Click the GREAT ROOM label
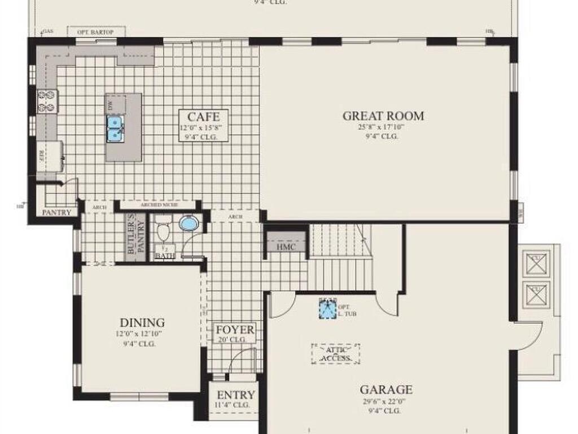(x=383, y=116)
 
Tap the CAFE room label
(x=204, y=118)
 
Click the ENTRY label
(x=235, y=394)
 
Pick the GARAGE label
(x=386, y=389)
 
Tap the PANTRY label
(x=57, y=212)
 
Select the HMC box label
(x=286, y=247)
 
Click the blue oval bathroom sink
(x=188, y=223)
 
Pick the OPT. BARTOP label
(x=95, y=32)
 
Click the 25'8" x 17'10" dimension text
(x=383, y=127)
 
